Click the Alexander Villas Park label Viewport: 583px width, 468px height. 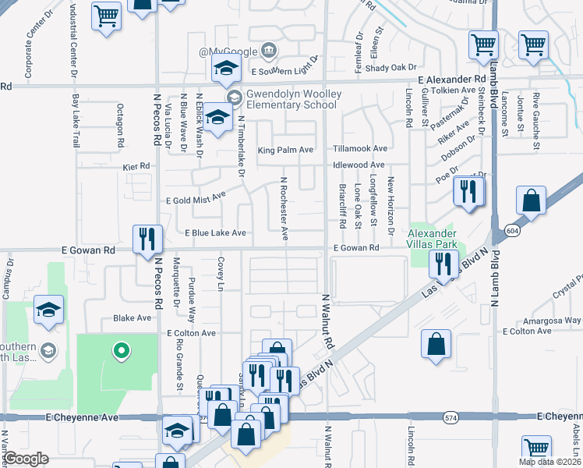[x=433, y=239]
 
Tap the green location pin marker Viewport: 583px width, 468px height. [x=121, y=352]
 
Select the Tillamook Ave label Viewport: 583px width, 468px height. [x=359, y=148]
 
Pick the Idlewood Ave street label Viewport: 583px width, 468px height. [x=359, y=165]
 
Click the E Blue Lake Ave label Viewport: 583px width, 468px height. [x=215, y=232]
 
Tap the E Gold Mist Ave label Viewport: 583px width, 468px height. [x=196, y=199]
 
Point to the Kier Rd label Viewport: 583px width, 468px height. [x=136, y=167]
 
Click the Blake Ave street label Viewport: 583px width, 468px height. [x=132, y=318]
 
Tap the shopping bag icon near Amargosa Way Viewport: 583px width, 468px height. [x=436, y=344]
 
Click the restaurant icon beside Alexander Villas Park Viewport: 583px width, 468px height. [x=442, y=265]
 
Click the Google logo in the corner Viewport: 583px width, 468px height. [x=26, y=459]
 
